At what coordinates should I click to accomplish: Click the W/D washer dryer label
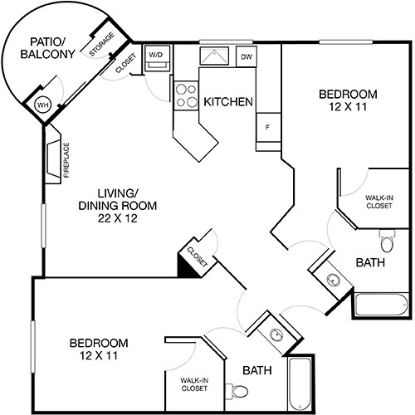(x=155, y=55)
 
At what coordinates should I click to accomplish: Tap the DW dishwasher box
(x=247, y=56)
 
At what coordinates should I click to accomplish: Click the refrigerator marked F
(x=267, y=128)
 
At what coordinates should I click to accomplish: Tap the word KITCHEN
(x=228, y=101)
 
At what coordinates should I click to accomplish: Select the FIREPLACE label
(x=66, y=160)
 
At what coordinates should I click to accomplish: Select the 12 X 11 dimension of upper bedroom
(x=349, y=108)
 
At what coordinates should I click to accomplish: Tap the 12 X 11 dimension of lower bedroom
(x=98, y=356)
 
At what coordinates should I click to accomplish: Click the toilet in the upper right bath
(x=387, y=242)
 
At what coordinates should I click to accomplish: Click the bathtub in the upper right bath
(x=381, y=306)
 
